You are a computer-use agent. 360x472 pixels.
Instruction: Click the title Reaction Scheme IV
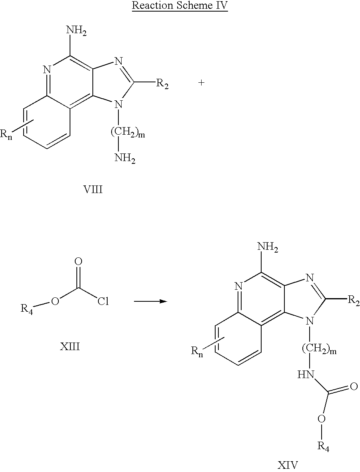(180, 6)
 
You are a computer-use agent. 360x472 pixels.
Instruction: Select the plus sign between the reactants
(202, 82)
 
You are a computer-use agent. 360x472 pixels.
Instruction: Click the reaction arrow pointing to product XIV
(150, 301)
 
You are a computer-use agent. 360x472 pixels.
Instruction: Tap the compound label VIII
(93, 189)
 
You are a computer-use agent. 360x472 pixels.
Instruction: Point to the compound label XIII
(70, 347)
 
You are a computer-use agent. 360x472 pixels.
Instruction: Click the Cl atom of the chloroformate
(103, 301)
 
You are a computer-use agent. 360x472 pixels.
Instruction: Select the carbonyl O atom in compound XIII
(78, 261)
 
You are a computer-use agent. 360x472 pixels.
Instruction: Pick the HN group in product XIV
(306, 375)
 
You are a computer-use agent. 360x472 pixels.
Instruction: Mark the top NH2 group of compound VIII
(76, 31)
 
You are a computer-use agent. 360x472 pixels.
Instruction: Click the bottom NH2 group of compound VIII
(125, 158)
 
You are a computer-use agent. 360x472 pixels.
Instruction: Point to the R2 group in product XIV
(354, 301)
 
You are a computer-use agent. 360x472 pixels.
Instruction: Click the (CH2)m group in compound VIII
(128, 132)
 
